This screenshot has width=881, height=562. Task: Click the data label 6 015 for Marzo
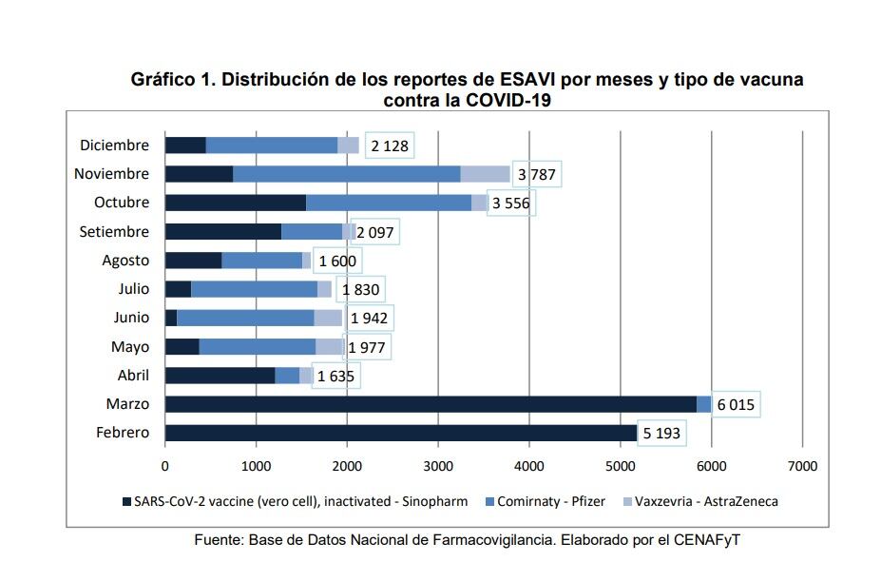point(736,404)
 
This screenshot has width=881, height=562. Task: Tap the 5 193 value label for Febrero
point(662,434)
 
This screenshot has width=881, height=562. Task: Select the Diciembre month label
point(115,145)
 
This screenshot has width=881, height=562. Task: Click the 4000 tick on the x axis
point(529,466)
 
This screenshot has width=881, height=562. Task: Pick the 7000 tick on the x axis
point(802,466)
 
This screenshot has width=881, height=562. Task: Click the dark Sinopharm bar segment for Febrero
point(399,434)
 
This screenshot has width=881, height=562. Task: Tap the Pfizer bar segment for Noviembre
point(347,174)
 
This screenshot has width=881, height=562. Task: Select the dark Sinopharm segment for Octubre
point(236,203)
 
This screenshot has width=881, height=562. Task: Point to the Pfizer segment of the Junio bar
point(245,318)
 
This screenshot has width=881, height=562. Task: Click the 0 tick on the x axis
point(165,466)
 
